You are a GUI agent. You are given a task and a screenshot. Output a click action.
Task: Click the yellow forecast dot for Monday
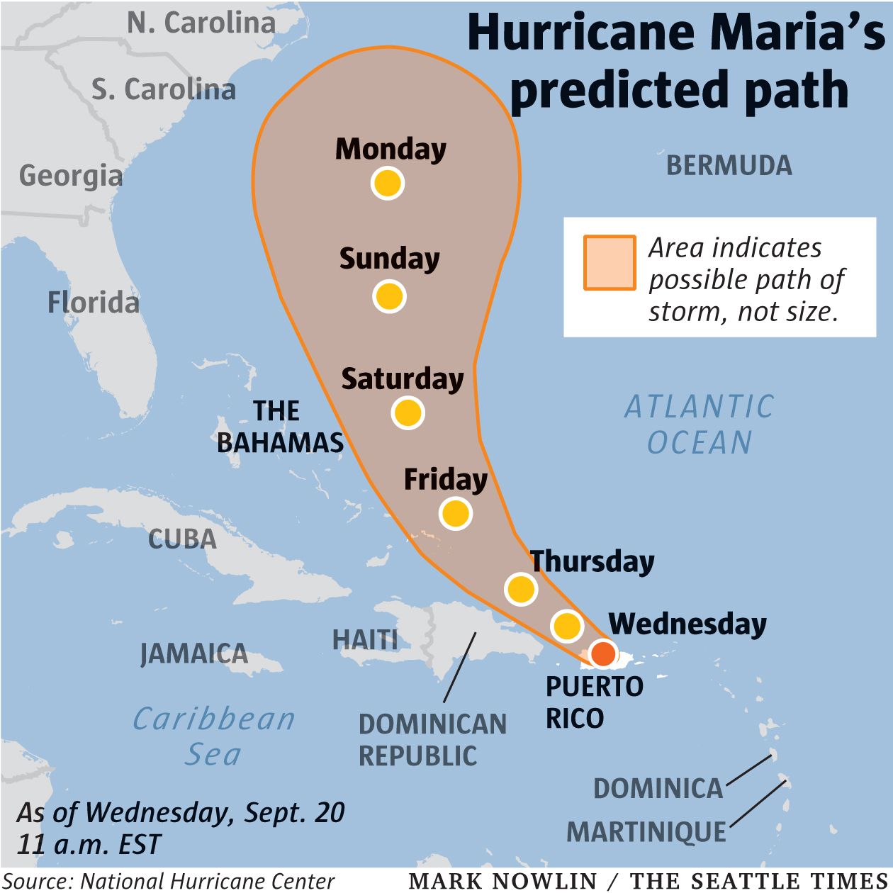tap(388, 183)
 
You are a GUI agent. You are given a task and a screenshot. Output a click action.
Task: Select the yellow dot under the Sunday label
tap(389, 296)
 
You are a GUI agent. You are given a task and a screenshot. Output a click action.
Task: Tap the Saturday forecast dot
tap(408, 412)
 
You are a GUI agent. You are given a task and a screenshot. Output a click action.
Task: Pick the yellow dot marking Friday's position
tap(455, 513)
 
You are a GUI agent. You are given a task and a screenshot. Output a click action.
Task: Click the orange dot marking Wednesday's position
tap(603, 653)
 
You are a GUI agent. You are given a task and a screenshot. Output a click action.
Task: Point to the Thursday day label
tap(592, 561)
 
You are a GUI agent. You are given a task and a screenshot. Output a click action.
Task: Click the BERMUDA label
tap(729, 166)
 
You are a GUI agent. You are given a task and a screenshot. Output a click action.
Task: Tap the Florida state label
tap(93, 303)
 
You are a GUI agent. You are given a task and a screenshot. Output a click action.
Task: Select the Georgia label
tap(70, 176)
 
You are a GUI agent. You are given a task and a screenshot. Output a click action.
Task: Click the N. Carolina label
tap(201, 23)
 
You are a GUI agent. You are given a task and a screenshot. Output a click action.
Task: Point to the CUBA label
tap(182, 539)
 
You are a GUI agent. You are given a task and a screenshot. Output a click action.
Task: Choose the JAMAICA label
tap(193, 653)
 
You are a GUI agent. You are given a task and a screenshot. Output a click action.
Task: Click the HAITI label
tap(365, 640)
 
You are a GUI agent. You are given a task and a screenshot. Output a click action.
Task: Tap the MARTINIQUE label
tap(646, 831)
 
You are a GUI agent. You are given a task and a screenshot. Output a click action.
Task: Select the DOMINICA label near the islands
tap(658, 788)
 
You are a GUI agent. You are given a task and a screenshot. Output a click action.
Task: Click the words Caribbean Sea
tap(213, 736)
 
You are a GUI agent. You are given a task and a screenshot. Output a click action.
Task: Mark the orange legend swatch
tap(609, 263)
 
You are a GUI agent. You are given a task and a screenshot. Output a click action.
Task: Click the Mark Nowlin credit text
tap(503, 881)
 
